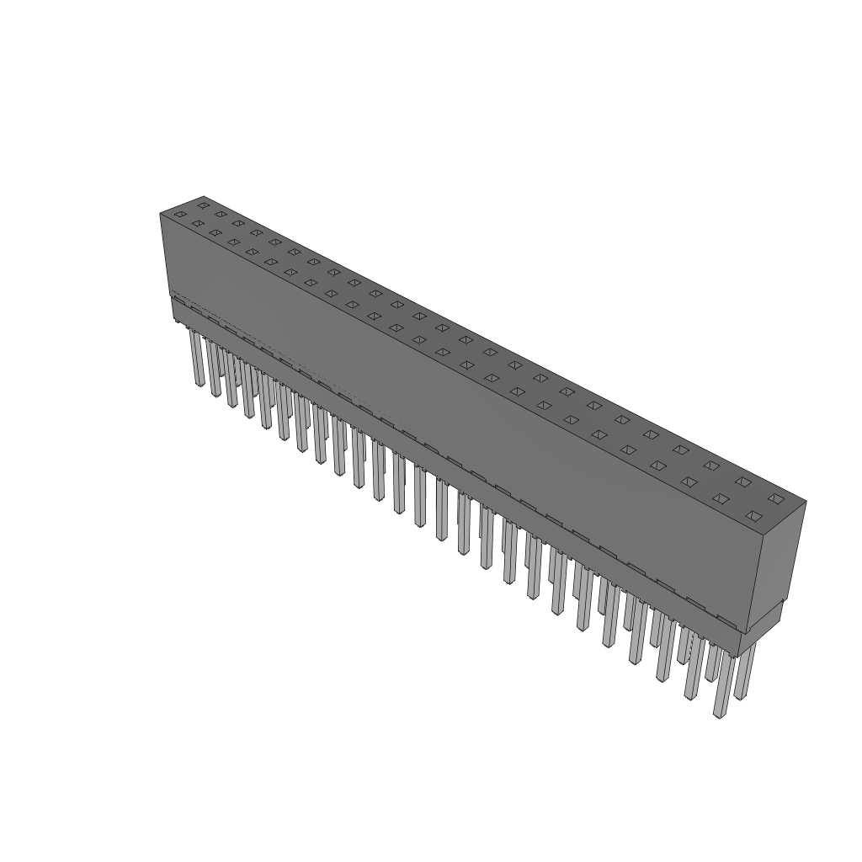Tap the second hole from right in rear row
pos(742,482)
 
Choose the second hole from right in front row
pos(721,498)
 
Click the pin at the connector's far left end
pos(197,358)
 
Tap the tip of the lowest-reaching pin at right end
pos(718,715)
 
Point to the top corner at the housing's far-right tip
pos(806,503)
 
